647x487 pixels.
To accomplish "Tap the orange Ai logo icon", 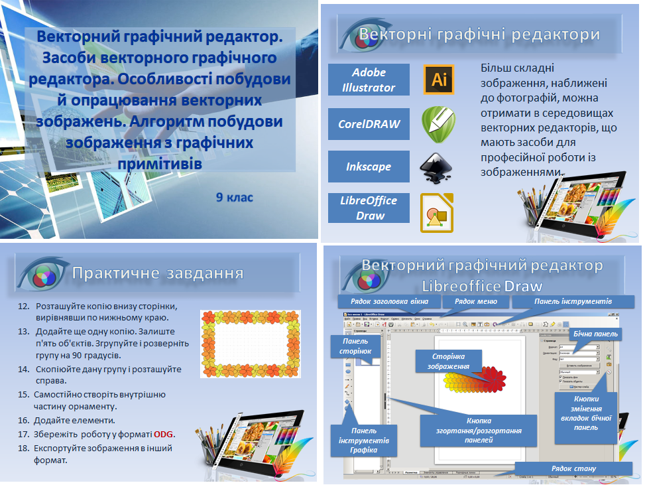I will click(x=438, y=80).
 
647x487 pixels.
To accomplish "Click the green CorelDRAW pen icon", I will click(x=438, y=124).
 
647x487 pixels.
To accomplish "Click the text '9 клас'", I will click(x=234, y=197).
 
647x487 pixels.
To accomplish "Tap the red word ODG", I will click(x=163, y=434).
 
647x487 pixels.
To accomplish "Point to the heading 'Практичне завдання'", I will click(x=157, y=273).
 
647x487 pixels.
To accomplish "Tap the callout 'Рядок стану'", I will click(x=573, y=468).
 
